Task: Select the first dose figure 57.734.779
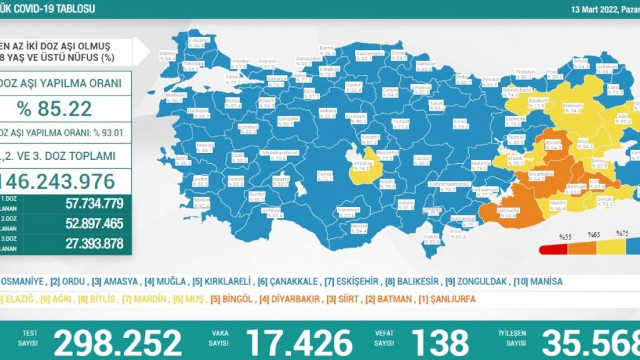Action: pyautogui.click(x=93, y=202)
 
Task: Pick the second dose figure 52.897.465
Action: pyautogui.click(x=93, y=223)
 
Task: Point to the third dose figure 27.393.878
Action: pyautogui.click(x=93, y=244)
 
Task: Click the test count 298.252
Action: pyautogui.click(x=117, y=342)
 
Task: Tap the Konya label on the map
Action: pyautogui.click(x=324, y=174)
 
